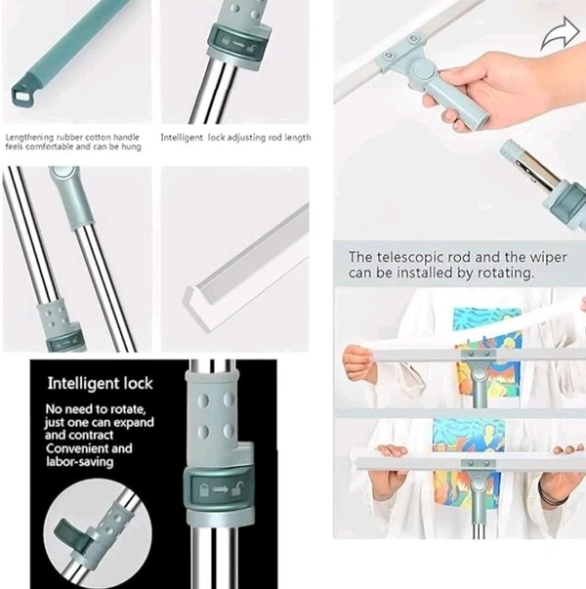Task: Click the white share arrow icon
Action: (x=560, y=33)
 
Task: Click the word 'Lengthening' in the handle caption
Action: (x=29, y=138)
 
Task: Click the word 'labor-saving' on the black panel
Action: (x=80, y=462)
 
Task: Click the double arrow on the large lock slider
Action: (x=221, y=489)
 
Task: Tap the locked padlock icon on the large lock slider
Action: (x=203, y=490)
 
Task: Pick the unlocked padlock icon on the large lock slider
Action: (x=237, y=489)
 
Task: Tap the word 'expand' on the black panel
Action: (x=134, y=423)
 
